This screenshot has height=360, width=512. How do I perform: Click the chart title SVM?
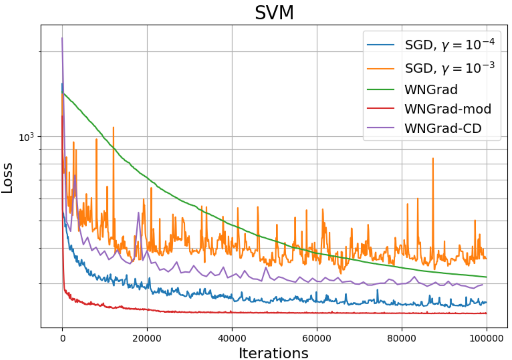click(x=274, y=13)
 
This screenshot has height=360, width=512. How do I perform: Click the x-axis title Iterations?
click(x=273, y=353)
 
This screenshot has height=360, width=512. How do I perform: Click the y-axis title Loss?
click(x=7, y=178)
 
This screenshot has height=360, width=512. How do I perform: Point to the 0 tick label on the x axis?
click(x=63, y=338)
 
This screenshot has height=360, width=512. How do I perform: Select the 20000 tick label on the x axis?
click(x=147, y=338)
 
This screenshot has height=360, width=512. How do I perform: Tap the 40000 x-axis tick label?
click(x=232, y=338)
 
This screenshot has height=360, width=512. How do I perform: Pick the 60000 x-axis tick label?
click(x=317, y=338)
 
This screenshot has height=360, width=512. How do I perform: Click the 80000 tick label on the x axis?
click(x=402, y=338)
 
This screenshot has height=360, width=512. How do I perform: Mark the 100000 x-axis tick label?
click(x=486, y=338)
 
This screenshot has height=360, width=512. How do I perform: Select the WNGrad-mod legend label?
click(x=448, y=109)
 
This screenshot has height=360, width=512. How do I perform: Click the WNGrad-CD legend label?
click(x=443, y=128)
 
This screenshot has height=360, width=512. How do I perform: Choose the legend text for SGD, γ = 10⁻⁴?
click(x=449, y=45)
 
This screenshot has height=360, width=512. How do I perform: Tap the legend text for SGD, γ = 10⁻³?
click(x=449, y=68)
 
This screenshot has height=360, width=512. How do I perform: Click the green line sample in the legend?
click(x=380, y=90)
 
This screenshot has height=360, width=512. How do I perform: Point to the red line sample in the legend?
click(x=380, y=109)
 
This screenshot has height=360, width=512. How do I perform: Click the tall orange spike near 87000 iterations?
click(x=433, y=158)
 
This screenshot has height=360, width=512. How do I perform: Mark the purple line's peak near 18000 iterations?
click(x=138, y=213)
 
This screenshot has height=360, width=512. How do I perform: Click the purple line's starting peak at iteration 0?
click(x=62, y=38)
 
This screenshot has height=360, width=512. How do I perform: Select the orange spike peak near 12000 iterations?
click(x=113, y=127)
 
